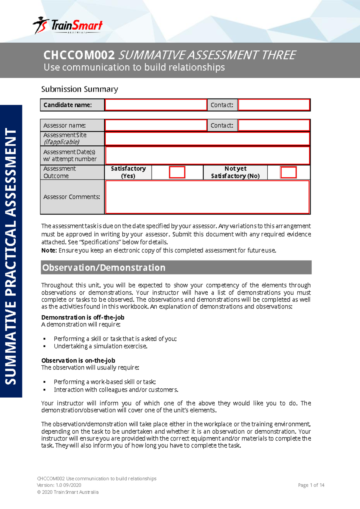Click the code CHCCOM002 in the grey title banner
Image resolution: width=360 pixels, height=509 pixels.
point(79,55)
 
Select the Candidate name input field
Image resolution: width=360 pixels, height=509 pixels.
point(156,105)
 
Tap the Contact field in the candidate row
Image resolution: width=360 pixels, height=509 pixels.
point(274,105)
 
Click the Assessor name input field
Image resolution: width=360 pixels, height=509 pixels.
point(156,125)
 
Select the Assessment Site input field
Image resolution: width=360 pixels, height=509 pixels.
point(207,139)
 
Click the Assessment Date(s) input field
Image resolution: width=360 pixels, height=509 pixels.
point(207,155)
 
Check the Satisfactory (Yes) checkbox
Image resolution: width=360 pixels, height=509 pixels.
point(177,172)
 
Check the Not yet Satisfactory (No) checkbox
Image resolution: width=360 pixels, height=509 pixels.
point(288,172)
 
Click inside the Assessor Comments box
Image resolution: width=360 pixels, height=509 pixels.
point(207,197)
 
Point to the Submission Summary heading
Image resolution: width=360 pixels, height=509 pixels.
point(79,89)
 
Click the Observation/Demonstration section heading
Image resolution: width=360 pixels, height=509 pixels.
point(104,267)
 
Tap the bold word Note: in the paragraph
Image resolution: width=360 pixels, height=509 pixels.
point(49,250)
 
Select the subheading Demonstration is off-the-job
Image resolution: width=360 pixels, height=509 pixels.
point(83,317)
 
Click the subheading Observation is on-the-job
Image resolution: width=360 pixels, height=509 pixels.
point(78,360)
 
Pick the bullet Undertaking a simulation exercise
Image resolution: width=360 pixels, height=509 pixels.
point(100,346)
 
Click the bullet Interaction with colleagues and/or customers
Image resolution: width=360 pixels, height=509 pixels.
point(116,390)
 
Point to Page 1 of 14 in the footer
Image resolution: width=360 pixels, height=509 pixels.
point(311,485)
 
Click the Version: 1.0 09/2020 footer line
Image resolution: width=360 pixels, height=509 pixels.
point(59,485)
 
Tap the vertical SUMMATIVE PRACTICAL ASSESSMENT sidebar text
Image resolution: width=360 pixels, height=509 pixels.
point(11,257)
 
